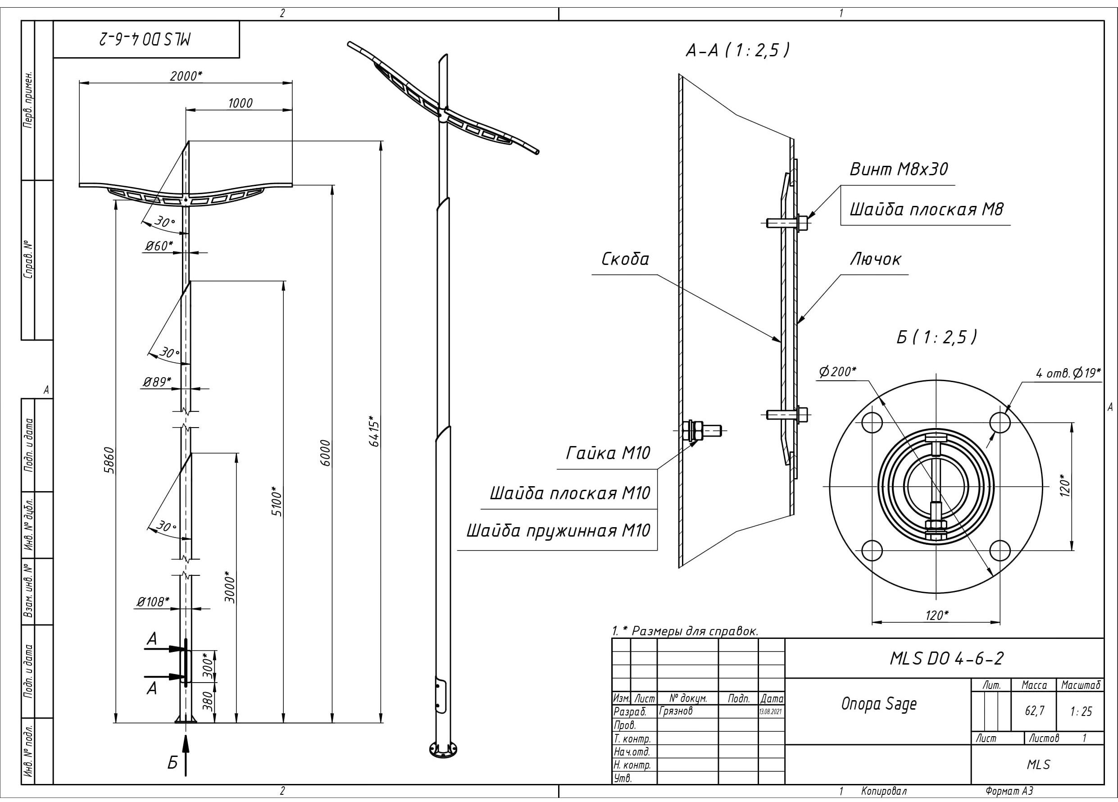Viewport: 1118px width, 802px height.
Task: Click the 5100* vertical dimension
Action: click(277, 501)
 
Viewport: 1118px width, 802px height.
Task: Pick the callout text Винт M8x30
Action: click(898, 169)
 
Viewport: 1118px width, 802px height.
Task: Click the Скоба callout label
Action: click(625, 259)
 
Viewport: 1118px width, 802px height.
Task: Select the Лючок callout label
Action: click(876, 259)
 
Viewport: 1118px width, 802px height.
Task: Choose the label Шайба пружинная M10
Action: click(559, 531)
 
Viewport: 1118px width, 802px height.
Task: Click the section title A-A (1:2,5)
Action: click(738, 50)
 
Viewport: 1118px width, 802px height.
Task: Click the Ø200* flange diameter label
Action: click(838, 372)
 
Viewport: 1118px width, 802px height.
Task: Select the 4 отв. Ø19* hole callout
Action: click(1068, 373)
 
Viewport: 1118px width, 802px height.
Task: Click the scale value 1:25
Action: click(1081, 711)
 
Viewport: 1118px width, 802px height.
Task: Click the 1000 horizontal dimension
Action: click(240, 103)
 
